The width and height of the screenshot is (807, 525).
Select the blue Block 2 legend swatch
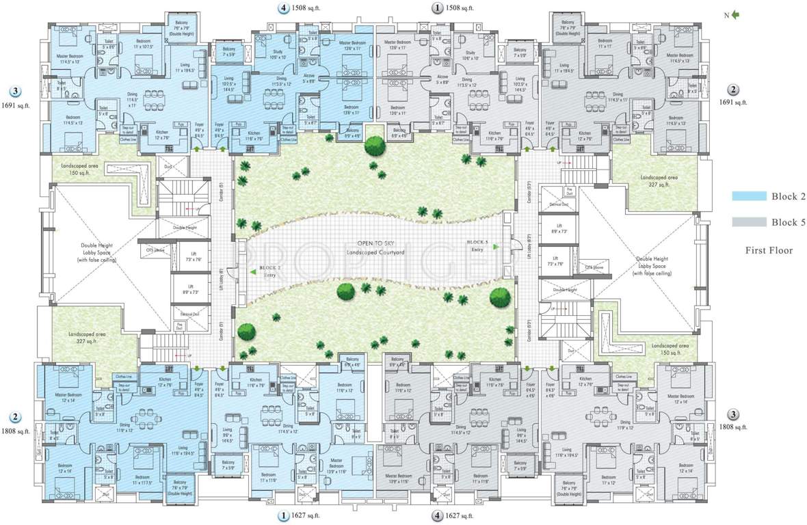pos(748,196)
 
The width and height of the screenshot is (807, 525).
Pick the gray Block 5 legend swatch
pos(748,222)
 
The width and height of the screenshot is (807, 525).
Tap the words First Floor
pos(769,251)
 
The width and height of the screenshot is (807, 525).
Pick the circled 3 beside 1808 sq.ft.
pos(732,414)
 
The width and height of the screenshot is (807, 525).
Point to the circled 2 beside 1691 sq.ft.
pos(732,90)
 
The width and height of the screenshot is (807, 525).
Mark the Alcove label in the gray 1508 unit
pos(443,78)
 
